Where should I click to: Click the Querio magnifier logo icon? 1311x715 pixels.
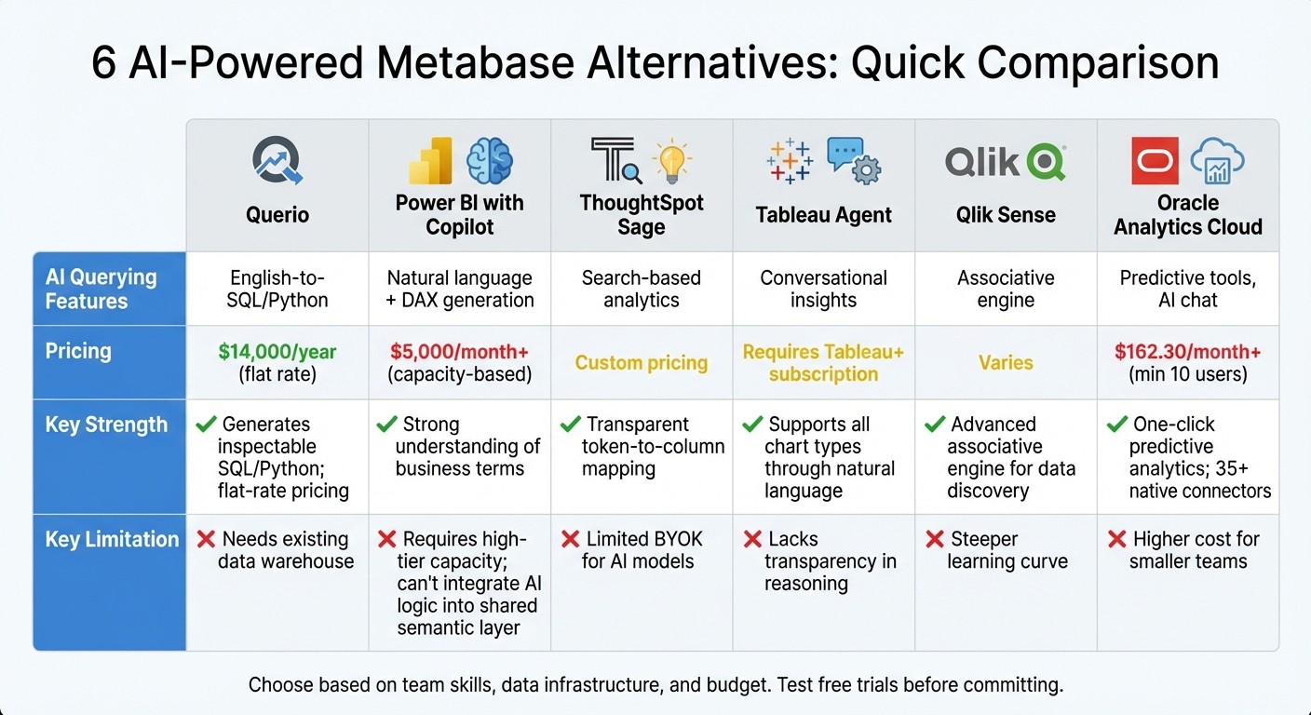point(277,160)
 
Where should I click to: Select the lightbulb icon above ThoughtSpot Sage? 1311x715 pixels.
point(671,159)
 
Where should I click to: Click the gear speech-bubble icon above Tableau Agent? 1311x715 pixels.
point(854,160)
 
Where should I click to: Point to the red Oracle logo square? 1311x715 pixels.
point(1155,160)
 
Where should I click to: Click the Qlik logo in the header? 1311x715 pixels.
point(1006,162)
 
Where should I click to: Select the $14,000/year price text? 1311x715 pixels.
point(277,352)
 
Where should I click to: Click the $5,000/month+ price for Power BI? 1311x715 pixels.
point(459,352)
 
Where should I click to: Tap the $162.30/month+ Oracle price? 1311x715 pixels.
point(1188,352)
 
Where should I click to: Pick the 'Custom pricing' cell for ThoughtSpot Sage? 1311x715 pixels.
point(641,363)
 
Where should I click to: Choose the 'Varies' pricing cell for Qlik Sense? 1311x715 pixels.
point(1006,363)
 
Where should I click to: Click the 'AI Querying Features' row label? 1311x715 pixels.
point(101,289)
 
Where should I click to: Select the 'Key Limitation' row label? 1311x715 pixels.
point(112,539)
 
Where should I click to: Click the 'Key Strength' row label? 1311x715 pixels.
point(106,425)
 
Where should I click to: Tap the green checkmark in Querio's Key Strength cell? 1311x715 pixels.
point(206,425)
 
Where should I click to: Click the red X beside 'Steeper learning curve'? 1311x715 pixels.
point(935,539)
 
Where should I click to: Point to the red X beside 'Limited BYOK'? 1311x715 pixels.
point(571,539)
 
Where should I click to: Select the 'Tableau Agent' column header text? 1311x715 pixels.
point(823,215)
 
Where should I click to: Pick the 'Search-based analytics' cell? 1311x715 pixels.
point(641,289)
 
